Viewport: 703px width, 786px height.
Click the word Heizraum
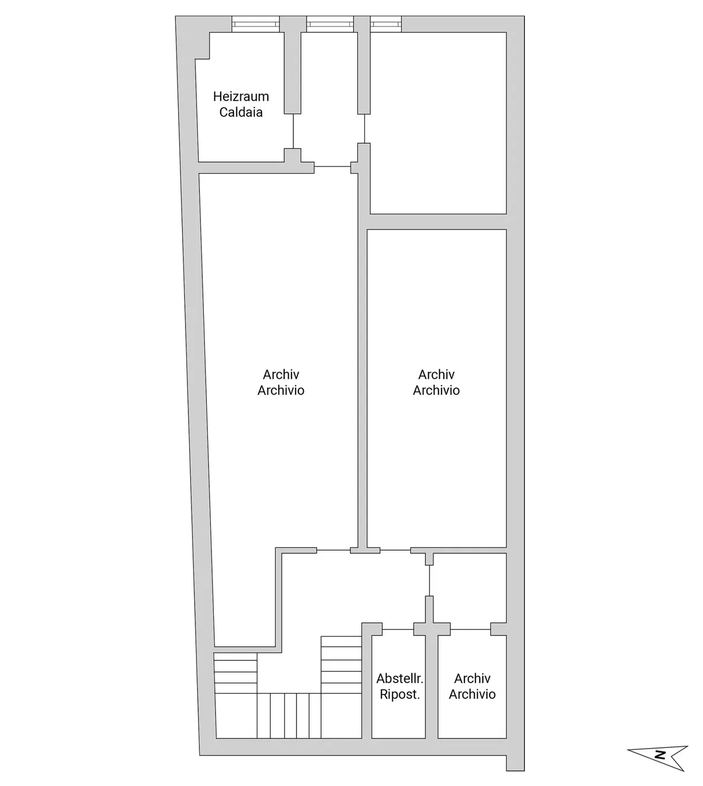point(241,96)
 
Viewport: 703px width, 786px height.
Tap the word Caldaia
point(241,112)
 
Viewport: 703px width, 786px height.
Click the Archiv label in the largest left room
point(281,374)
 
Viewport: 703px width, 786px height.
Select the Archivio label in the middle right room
point(436,390)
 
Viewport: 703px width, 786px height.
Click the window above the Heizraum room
point(255,24)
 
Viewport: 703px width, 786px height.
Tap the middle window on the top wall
point(330,24)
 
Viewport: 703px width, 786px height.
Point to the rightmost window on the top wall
point(385,24)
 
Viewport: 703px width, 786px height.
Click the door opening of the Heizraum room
point(293,131)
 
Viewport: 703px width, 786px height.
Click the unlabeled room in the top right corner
point(438,123)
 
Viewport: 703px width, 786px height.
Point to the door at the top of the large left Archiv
point(332,166)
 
